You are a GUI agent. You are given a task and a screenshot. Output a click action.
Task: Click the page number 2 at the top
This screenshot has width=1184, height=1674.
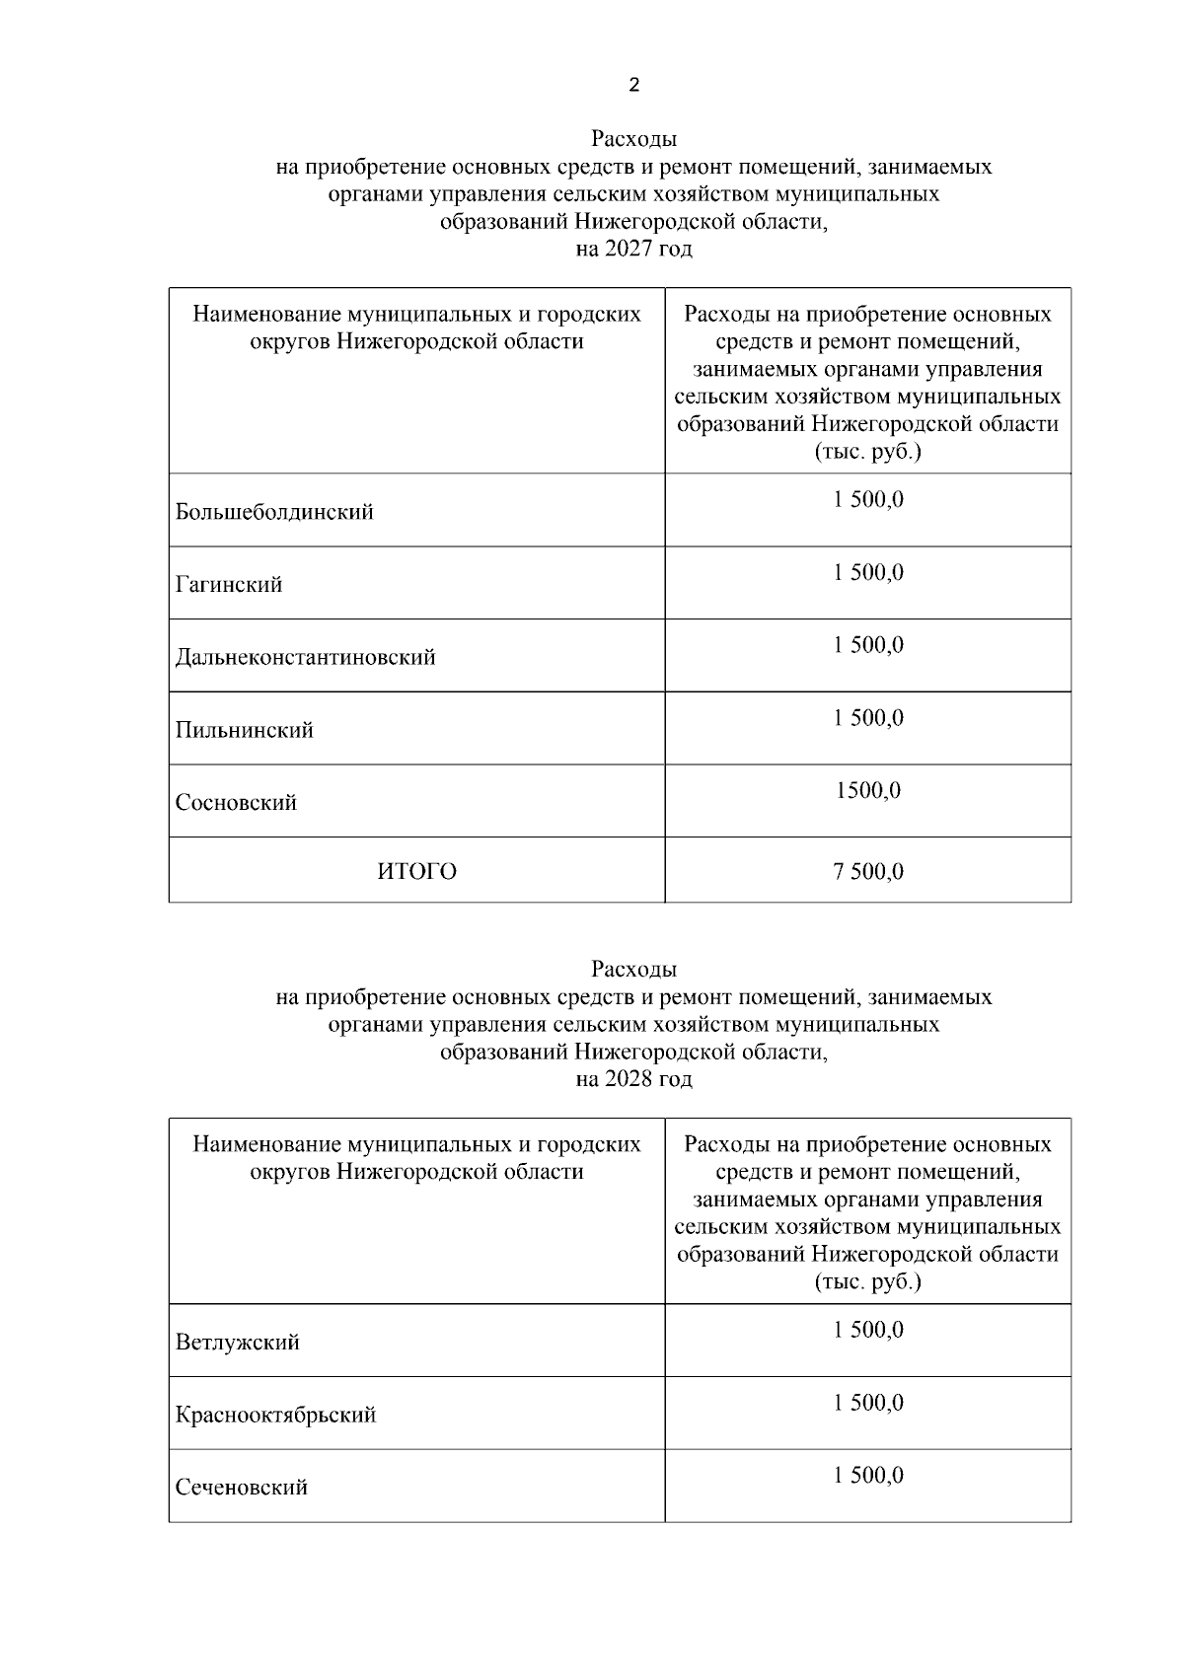click(x=633, y=85)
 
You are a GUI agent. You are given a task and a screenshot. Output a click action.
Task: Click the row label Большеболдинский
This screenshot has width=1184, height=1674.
click(x=274, y=512)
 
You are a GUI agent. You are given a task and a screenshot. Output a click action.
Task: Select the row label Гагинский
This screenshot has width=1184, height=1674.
click(x=229, y=585)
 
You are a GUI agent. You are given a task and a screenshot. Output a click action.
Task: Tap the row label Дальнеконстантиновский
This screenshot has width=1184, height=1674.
click(x=305, y=657)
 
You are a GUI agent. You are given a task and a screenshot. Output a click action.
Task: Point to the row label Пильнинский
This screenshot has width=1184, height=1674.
click(x=245, y=730)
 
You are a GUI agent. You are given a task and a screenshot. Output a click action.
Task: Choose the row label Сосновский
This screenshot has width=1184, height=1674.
click(x=236, y=802)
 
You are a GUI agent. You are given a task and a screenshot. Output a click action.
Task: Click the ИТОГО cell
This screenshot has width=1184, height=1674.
click(x=416, y=871)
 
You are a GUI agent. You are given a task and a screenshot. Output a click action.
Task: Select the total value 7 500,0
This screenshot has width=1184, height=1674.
click(x=868, y=871)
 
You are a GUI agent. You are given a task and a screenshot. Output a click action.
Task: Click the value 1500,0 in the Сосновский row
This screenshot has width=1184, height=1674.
click(x=868, y=790)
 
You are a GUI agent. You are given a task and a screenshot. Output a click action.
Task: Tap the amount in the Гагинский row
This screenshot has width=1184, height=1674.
click(x=868, y=572)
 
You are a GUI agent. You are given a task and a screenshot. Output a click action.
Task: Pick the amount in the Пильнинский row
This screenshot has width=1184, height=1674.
click(x=868, y=718)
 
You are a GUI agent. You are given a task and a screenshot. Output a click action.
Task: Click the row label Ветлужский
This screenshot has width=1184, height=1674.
click(x=238, y=1343)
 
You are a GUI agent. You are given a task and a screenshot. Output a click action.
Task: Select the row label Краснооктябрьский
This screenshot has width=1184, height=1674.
click(x=276, y=1415)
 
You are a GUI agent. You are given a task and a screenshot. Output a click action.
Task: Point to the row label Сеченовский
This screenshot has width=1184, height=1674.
click(x=242, y=1487)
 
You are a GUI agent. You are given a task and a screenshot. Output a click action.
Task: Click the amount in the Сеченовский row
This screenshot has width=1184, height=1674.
click(x=868, y=1475)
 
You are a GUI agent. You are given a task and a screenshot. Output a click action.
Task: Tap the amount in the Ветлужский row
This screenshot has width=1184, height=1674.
click(x=868, y=1330)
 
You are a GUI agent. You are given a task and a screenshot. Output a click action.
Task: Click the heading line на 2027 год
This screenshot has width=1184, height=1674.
click(x=633, y=249)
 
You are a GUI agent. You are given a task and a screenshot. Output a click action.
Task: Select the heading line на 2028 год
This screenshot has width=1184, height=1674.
click(x=633, y=1079)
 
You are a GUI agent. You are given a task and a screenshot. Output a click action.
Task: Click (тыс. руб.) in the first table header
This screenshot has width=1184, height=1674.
click(x=867, y=452)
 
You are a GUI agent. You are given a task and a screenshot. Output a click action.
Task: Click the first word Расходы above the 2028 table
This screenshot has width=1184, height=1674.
click(x=633, y=969)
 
